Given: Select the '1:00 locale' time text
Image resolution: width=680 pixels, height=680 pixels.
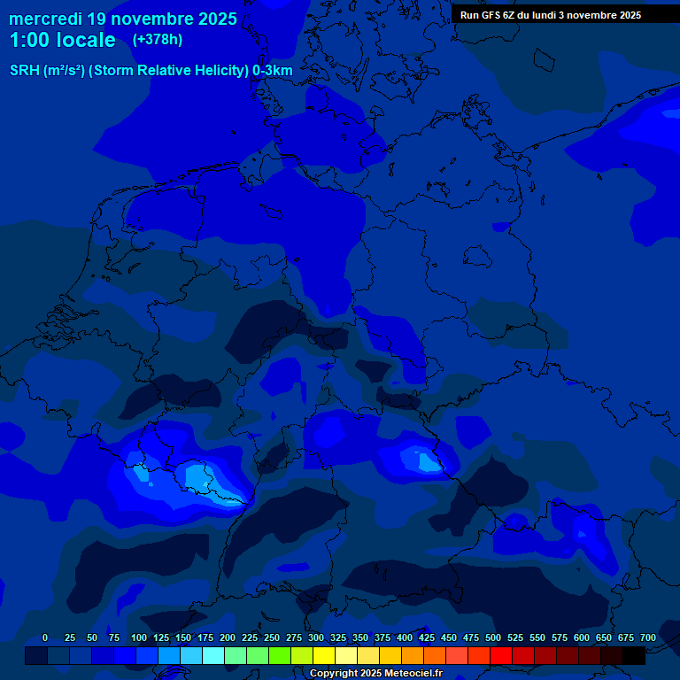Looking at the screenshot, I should coord(62,40).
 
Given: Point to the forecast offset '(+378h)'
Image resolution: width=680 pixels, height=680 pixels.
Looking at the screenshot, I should coord(157,40).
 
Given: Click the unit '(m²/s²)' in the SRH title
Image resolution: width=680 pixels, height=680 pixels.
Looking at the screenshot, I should coord(64,71).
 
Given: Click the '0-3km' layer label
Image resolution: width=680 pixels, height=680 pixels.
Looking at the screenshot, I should coord(273,71).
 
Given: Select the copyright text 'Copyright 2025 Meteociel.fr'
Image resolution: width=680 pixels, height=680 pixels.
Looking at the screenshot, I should coord(375,674).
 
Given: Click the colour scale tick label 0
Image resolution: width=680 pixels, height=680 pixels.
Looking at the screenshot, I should coord(45,638).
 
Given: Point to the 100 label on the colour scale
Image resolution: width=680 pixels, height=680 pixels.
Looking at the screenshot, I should coord(139,638).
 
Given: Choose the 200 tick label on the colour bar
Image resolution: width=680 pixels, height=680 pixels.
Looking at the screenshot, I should coord(228,638).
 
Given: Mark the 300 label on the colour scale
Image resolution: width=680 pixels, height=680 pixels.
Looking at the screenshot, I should coord(316,638).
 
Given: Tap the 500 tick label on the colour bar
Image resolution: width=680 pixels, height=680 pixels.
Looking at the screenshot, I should coord(493,638).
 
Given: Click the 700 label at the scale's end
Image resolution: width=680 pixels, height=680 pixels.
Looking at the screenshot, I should coord(648,638).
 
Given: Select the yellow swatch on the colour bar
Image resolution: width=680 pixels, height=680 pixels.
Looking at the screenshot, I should coord(324,656).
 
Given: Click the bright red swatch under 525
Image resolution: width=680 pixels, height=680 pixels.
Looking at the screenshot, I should coord(501,656).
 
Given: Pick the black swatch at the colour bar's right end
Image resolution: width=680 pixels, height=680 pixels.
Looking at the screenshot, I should coord(634,656).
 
